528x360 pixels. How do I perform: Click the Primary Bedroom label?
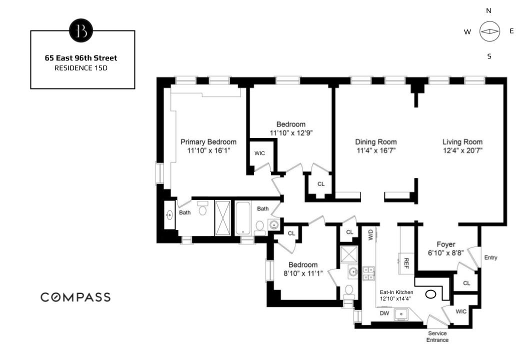coord(208,142)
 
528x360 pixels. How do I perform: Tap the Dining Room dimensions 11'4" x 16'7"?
coord(376,150)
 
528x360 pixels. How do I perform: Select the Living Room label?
coord(462,142)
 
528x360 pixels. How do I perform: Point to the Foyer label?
coord(446,244)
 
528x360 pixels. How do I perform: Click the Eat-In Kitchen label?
coord(396,292)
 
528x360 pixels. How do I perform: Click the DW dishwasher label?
coord(384,313)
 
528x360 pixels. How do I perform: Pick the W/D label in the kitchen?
coord(370,234)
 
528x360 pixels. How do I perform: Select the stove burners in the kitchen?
coord(368,273)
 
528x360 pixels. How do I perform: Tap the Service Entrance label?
coord(437,336)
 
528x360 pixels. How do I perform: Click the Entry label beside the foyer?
coord(490,257)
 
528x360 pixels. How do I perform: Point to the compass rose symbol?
coord(489,31)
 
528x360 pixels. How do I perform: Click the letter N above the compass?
coord(488,11)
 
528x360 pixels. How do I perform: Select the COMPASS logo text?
coord(75,297)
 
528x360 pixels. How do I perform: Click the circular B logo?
coord(81,30)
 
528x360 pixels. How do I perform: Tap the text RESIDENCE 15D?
coord(81,68)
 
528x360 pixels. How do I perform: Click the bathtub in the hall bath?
coord(242,218)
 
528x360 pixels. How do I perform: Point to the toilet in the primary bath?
coord(202,208)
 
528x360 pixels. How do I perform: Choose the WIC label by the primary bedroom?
coord(259,153)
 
